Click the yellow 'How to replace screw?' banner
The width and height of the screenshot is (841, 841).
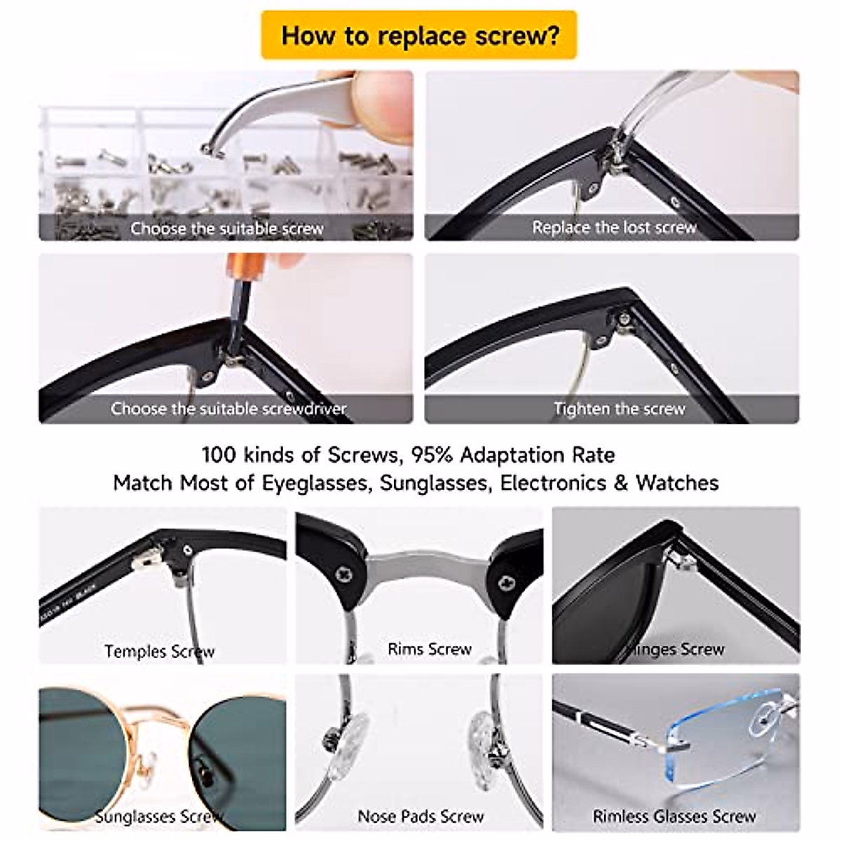point(419,35)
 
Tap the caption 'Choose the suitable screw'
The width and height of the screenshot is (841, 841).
point(226,228)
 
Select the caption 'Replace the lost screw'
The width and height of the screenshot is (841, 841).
point(614,228)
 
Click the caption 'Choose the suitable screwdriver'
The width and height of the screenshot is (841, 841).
point(228,409)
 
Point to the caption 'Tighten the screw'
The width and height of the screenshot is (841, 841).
point(619,409)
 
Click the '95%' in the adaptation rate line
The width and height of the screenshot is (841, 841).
point(433,456)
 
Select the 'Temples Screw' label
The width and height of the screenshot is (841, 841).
point(159,651)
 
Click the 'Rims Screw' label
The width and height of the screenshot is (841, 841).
point(429,649)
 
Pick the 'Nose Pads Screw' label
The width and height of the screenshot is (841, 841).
point(420,816)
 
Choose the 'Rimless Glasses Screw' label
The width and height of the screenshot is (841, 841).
point(674,816)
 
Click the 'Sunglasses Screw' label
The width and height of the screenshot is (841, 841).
point(159,816)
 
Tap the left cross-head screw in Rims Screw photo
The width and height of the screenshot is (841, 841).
point(344,575)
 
